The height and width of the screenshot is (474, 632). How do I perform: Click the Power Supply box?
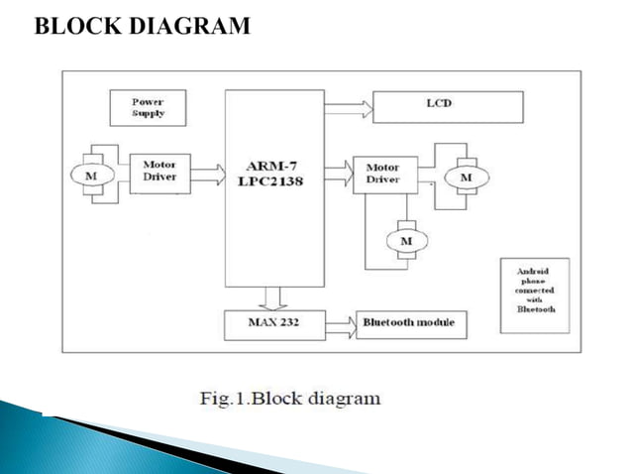click(x=148, y=107)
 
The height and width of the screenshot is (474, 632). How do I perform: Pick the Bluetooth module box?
click(x=411, y=324)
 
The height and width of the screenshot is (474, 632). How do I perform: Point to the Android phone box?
click(x=536, y=290)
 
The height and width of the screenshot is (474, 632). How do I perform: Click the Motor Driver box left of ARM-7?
click(x=159, y=172)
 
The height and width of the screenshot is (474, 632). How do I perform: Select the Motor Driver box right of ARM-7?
click(x=382, y=174)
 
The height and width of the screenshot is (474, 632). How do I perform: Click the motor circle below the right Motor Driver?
click(x=404, y=241)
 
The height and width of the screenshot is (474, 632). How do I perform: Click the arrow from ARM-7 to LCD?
click(x=348, y=104)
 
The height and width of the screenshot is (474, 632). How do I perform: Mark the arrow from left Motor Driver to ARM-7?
click(x=206, y=175)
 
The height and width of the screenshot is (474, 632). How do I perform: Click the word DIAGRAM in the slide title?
click(x=189, y=27)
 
